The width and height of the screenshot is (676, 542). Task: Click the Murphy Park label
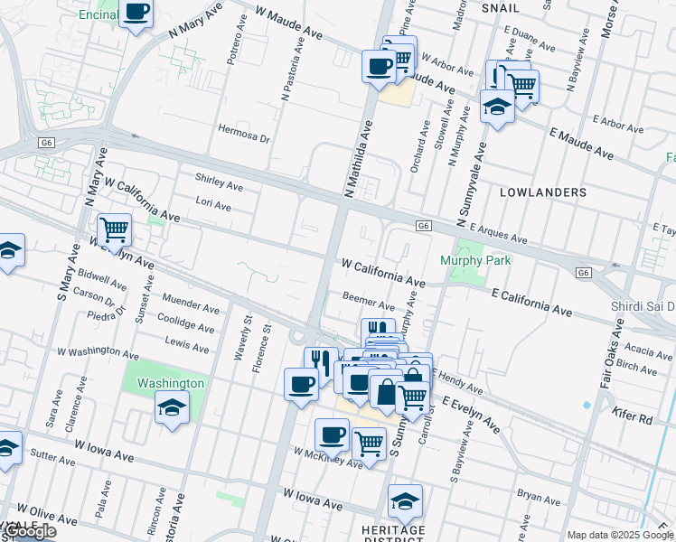point(475,261)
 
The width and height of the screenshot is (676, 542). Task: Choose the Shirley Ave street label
point(220,186)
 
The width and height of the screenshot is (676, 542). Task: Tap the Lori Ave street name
point(213,207)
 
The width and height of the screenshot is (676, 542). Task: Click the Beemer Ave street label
point(369,298)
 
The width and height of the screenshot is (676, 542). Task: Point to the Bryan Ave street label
point(540,495)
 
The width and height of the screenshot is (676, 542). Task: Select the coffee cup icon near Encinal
point(136,13)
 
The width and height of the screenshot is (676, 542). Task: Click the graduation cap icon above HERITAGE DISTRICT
point(405,500)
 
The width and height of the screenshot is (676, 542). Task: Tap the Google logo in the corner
point(29,532)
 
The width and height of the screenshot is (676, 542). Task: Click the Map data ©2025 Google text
point(620,535)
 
